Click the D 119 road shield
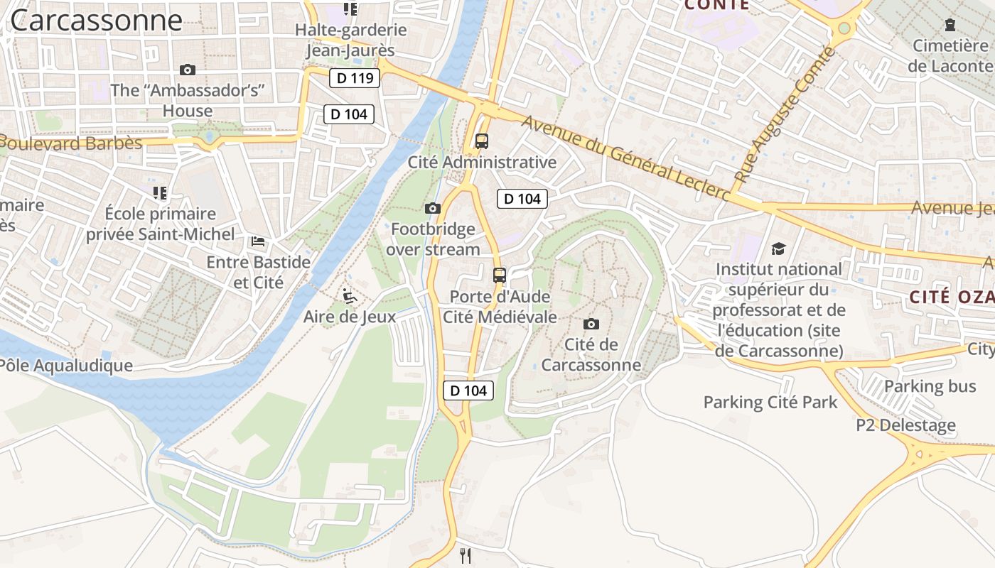(x=355, y=78)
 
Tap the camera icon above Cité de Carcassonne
(x=591, y=324)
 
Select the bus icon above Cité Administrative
(x=482, y=141)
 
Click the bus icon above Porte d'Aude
(x=500, y=275)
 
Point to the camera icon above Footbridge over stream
(x=432, y=208)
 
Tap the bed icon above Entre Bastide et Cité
(x=258, y=241)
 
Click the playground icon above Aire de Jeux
(x=350, y=295)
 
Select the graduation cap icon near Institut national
(x=779, y=248)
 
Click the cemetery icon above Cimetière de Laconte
(x=950, y=25)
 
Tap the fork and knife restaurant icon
(x=466, y=555)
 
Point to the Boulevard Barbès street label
(x=71, y=143)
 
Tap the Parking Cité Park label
(x=770, y=403)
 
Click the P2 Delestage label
(x=905, y=425)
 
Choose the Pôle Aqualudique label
(x=66, y=366)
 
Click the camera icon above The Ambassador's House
(x=188, y=70)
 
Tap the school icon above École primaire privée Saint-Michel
(x=160, y=192)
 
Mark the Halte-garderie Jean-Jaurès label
(x=350, y=40)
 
